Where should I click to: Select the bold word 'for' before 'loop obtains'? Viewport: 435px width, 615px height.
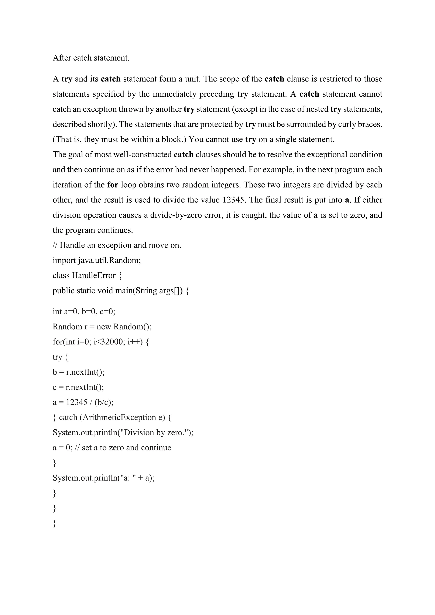pos(113,185)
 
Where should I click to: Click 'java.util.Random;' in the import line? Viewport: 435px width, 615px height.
pos(110,260)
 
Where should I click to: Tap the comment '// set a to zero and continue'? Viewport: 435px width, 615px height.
pos(126,448)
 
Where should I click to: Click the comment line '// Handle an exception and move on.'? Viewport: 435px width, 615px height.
pos(117,245)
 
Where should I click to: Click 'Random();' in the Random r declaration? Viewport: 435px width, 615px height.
pos(132,327)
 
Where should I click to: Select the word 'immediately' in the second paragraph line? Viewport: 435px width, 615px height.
pos(174,94)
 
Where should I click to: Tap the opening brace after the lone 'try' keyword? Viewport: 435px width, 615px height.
pos(67,357)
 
